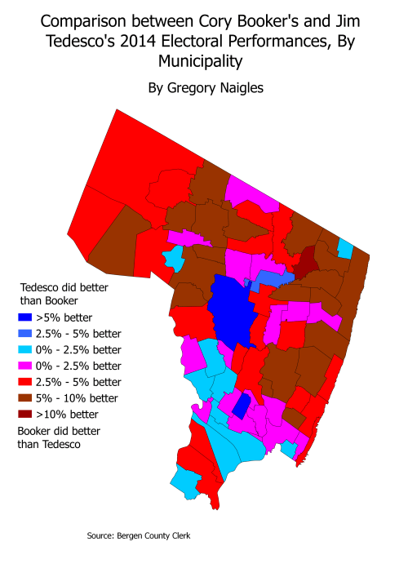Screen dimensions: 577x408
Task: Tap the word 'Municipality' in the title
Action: coord(204,61)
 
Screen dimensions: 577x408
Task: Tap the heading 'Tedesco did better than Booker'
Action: coord(64,294)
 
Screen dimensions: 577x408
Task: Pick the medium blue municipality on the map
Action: coord(273,280)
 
